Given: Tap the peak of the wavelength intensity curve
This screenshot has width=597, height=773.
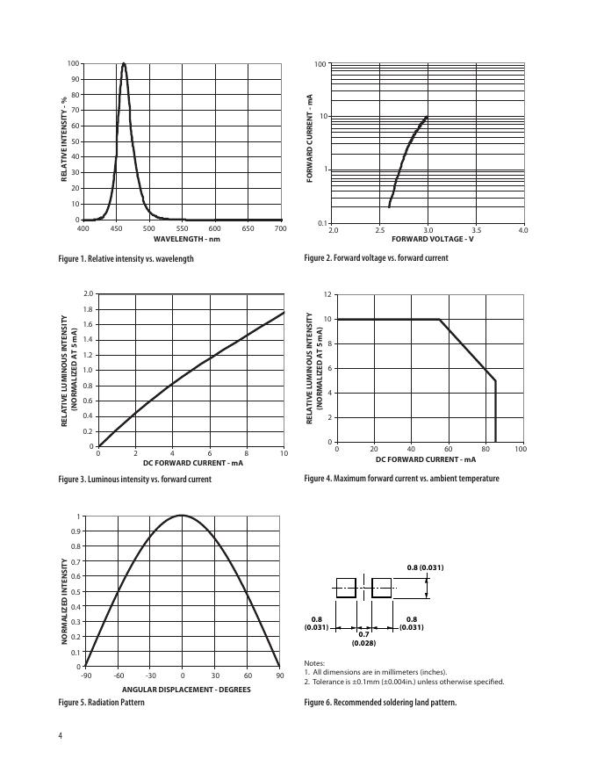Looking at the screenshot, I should pyautogui.click(x=124, y=64).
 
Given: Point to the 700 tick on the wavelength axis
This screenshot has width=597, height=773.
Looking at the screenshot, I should pyautogui.click(x=280, y=229).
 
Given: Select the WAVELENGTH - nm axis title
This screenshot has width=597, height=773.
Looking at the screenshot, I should pyautogui.click(x=187, y=239).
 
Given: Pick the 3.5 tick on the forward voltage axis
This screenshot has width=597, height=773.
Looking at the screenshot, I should pyautogui.click(x=475, y=230).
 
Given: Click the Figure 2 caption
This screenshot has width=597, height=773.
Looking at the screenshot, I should pyautogui.click(x=376, y=258).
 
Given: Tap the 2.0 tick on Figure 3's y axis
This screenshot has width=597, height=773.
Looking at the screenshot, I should pyautogui.click(x=88, y=293).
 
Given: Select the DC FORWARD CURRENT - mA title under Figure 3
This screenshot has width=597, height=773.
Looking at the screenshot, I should pyautogui.click(x=192, y=462).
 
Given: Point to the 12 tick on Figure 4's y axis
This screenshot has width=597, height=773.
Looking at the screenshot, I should pyautogui.click(x=327, y=294).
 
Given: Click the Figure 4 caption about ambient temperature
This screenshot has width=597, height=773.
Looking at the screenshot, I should pyautogui.click(x=401, y=479).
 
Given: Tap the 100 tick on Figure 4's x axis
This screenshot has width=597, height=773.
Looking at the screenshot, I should pyautogui.click(x=520, y=450).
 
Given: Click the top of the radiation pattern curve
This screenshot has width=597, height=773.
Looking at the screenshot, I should pyautogui.click(x=182, y=516).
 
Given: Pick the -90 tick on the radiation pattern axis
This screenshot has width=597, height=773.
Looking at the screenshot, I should pyautogui.click(x=85, y=675).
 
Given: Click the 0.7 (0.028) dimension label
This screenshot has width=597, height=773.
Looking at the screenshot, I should pyautogui.click(x=363, y=639).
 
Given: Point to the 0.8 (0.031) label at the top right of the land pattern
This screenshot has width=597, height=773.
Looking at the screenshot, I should pyautogui.click(x=426, y=567).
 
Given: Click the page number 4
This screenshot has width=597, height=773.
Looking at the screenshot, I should pyautogui.click(x=60, y=736).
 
